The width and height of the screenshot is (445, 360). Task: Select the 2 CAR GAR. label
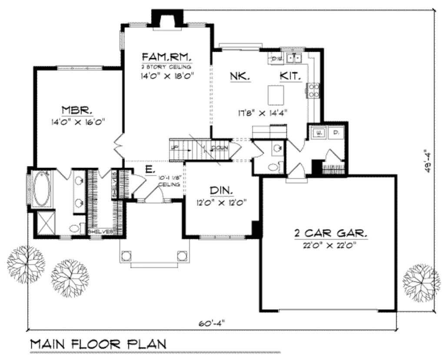tap(330, 233)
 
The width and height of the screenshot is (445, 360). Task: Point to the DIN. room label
tap(221, 190)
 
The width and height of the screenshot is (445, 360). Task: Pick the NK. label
tap(239, 76)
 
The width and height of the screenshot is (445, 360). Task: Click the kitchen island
tap(276, 95)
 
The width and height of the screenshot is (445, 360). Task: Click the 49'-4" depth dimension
tap(430, 161)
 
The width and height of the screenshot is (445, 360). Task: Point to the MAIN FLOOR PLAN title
tap(98, 343)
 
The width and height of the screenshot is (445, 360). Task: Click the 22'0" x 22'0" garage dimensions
tap(330, 245)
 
